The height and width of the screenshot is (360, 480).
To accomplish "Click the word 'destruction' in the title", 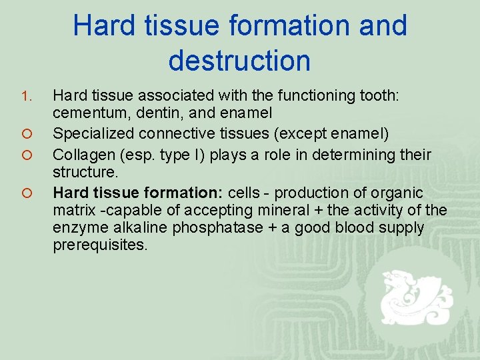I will pyautogui.click(x=239, y=60).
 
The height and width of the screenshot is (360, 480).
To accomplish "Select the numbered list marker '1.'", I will pyautogui.click(x=26, y=97).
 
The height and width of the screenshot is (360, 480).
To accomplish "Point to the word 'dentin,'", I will pyautogui.click(x=162, y=114).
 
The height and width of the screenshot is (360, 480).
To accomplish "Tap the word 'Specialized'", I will pyautogui.click(x=93, y=134).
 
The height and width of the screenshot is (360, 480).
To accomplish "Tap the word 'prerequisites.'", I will pyautogui.click(x=100, y=245).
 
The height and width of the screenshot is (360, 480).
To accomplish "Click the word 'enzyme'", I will pyautogui.click(x=79, y=227).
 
